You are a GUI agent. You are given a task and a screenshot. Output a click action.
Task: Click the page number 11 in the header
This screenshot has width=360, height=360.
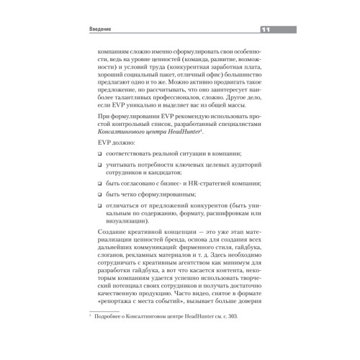click(x=264, y=30)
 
